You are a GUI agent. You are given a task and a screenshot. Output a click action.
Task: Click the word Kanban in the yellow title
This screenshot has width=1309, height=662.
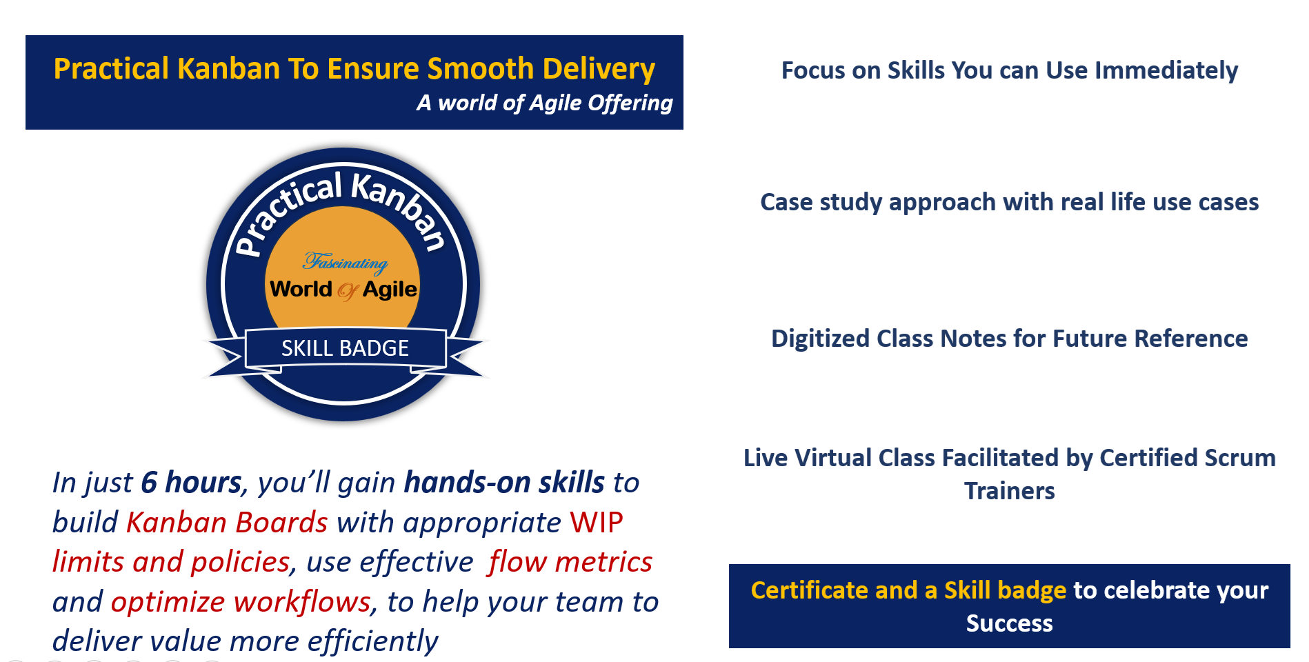pyautogui.click(x=228, y=69)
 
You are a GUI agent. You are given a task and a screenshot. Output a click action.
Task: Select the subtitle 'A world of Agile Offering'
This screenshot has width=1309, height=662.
pyautogui.click(x=544, y=103)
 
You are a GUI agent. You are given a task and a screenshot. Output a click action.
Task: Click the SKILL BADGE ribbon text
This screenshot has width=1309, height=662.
pyautogui.click(x=345, y=348)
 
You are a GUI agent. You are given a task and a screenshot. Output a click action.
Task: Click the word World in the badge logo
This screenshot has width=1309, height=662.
pyautogui.click(x=301, y=289)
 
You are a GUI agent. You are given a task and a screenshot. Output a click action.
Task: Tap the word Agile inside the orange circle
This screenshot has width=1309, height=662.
pyautogui.click(x=390, y=290)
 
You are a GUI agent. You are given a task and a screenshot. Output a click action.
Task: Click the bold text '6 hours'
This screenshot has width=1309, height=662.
pyautogui.click(x=191, y=483)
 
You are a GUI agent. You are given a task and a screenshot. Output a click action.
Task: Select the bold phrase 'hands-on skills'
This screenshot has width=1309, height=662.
pyautogui.click(x=504, y=483)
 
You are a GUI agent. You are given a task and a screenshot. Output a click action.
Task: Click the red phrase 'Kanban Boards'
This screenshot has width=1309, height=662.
pyautogui.click(x=227, y=523)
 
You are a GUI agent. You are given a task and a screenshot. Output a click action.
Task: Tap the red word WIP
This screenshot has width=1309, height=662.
pyautogui.click(x=596, y=523)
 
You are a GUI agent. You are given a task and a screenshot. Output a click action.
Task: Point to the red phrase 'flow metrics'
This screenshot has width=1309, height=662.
pyautogui.click(x=570, y=562)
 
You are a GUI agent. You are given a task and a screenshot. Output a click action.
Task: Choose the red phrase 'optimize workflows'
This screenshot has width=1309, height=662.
pyautogui.click(x=241, y=602)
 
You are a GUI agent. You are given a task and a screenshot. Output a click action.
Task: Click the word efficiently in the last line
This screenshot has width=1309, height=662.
pyautogui.click(x=372, y=641)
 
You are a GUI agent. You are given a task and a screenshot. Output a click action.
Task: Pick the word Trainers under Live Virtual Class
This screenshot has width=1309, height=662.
pyautogui.click(x=1009, y=491)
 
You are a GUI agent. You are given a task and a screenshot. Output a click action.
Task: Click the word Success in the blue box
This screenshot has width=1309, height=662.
pyautogui.click(x=1009, y=623)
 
